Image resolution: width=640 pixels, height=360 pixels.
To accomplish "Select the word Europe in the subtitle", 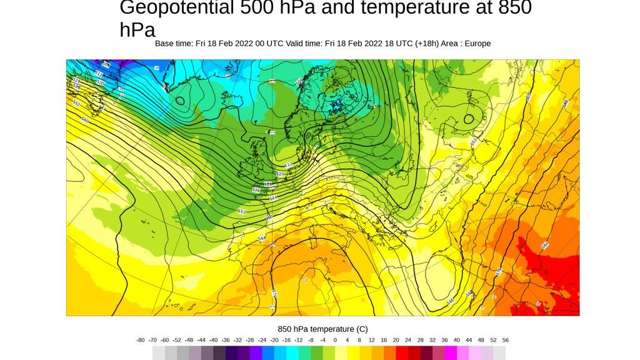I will tap(477, 44).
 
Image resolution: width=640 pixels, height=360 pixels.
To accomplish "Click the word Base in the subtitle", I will tap(165, 44).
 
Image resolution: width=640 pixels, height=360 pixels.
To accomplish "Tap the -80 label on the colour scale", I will tap(141, 340).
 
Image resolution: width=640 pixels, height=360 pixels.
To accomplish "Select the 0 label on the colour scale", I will tap(335, 340).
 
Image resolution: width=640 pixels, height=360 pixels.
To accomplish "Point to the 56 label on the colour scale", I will tap(506, 340).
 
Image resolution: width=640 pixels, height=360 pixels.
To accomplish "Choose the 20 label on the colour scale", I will tap(396, 340).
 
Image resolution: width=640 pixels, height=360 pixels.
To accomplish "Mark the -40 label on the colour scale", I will tap(213, 340).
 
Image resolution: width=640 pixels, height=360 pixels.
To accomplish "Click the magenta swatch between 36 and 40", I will tap(451, 353).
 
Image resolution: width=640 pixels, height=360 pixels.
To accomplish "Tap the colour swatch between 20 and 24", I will tap(402, 353).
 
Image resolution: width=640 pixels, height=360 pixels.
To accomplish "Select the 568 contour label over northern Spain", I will tap(262, 238).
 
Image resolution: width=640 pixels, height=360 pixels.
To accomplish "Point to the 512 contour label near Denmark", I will tap(289, 164).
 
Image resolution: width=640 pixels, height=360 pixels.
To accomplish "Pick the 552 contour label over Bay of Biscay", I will tap(242, 212).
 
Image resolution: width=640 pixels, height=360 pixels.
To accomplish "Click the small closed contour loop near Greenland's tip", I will tap(180, 100).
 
